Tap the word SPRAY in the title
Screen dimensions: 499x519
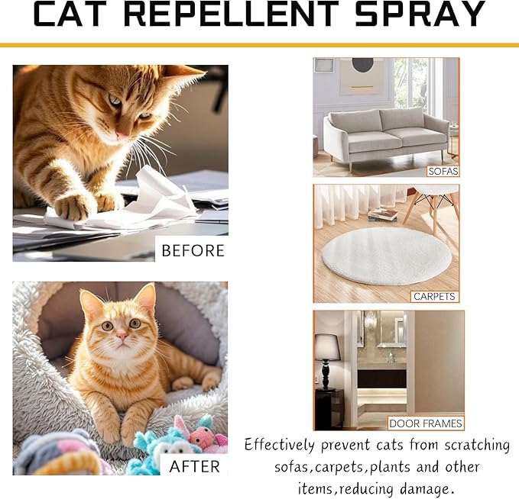tap(423, 14)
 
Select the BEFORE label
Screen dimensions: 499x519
tap(193, 250)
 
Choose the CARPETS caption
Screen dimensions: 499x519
tap(434, 296)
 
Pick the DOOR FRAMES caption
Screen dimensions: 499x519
tap(426, 423)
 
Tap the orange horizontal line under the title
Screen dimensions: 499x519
tap(259, 45)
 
